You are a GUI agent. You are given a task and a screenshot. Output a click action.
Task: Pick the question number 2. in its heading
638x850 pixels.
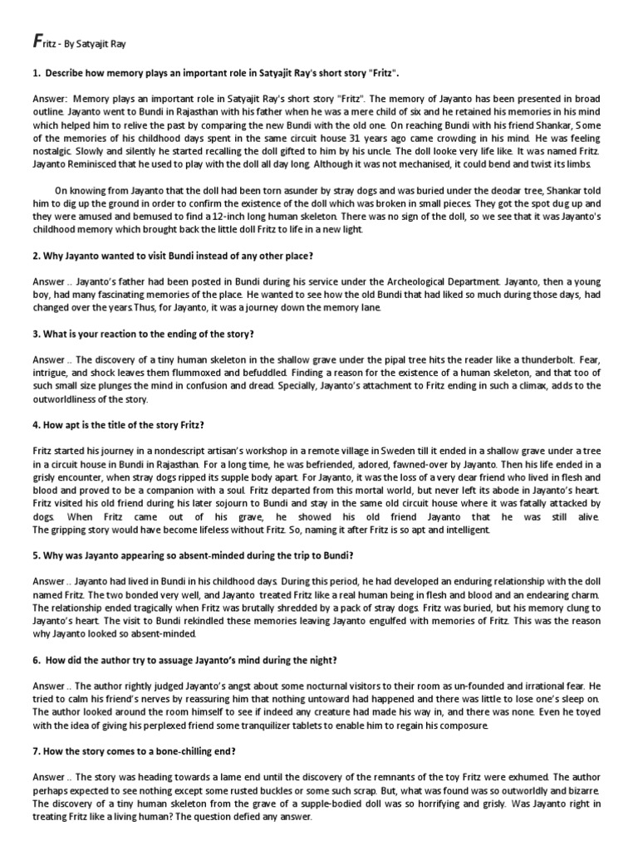click(37, 255)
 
